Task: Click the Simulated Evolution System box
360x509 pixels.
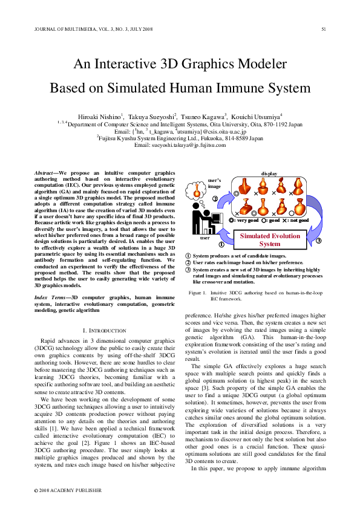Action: [270, 240]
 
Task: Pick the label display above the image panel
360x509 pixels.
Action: [269, 173]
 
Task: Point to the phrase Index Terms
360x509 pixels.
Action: [47, 299]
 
